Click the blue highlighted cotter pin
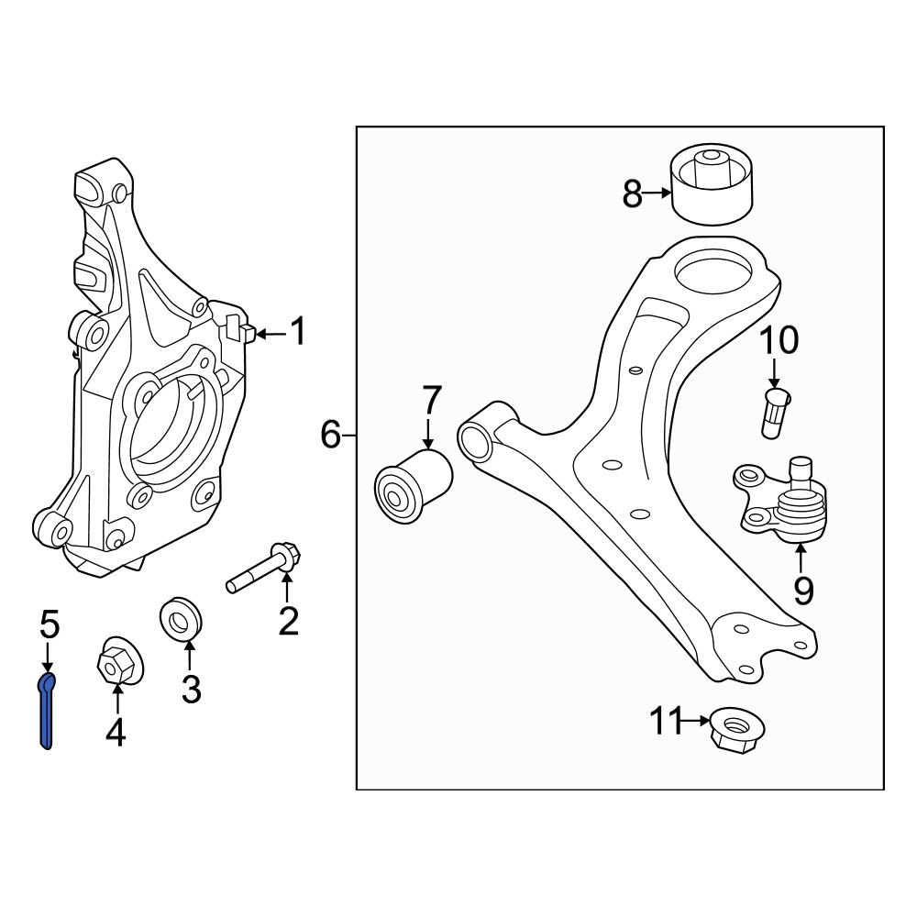coord(46,711)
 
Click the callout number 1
coord(298,332)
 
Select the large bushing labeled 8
coord(712,183)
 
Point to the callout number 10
coord(778,341)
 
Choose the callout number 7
coord(431,401)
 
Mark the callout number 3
coord(191,688)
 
